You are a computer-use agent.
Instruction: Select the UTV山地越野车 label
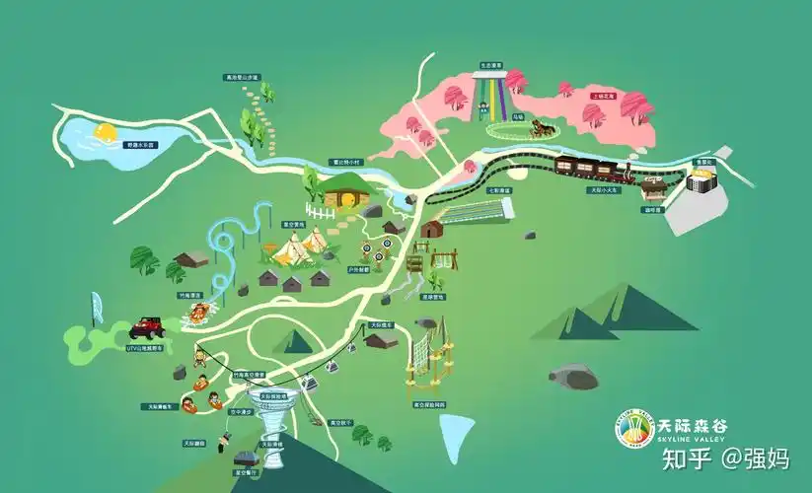click(x=148, y=347)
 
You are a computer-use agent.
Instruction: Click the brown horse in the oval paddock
click(x=539, y=127)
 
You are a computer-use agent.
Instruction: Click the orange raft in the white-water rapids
click(x=200, y=314)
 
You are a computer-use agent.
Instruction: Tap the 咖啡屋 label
click(x=652, y=209)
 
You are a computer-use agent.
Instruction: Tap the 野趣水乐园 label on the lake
click(x=140, y=145)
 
